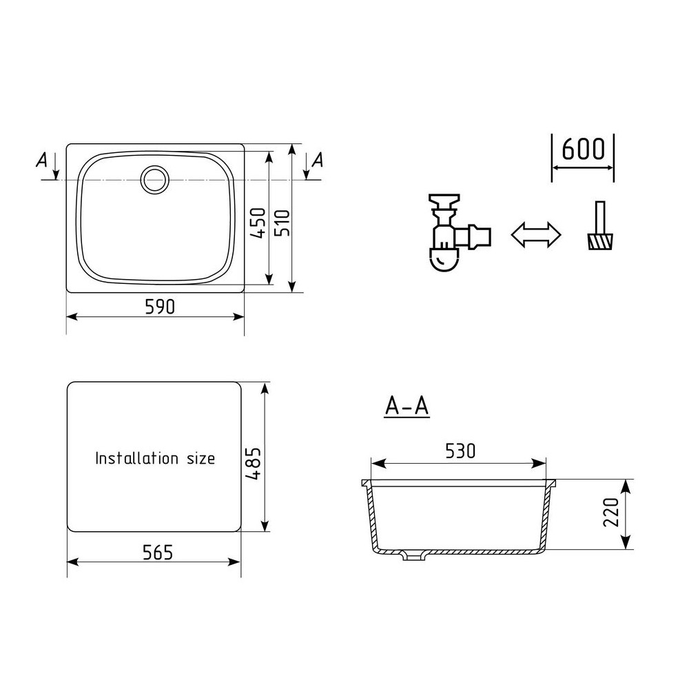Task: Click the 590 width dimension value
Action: pos(160,307)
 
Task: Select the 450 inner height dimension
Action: pos(258,223)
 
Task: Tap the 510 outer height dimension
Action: pos(282,223)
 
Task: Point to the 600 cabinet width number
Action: pos(583,149)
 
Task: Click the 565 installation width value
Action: pos(158,553)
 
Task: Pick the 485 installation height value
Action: pos(254,463)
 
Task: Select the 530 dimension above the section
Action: pos(460,451)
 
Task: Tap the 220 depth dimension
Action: pos(610,512)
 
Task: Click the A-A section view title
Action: pos(407,406)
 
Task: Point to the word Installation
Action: pos(136,458)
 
